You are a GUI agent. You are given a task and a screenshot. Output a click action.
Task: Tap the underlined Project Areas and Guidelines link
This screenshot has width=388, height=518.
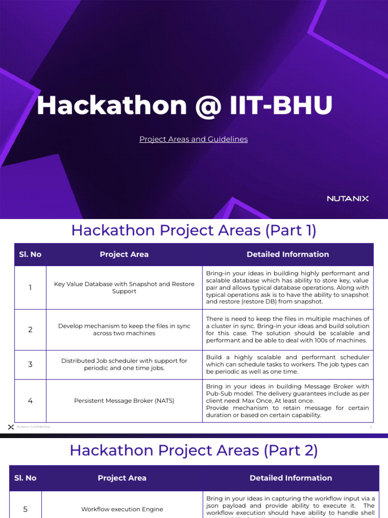click(x=193, y=139)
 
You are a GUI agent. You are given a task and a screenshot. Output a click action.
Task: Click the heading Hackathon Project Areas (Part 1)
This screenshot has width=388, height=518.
click(x=193, y=231)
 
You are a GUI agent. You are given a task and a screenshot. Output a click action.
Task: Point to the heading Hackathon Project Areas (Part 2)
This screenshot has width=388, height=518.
click(x=193, y=450)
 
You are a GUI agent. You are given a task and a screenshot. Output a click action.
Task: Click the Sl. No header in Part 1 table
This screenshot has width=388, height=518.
click(x=30, y=254)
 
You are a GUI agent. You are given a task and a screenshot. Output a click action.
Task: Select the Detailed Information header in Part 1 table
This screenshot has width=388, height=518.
click(x=287, y=254)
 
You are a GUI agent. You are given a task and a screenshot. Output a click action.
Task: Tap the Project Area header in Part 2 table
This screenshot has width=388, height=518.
click(x=122, y=478)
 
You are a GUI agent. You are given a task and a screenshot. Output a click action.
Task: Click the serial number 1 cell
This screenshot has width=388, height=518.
click(x=30, y=288)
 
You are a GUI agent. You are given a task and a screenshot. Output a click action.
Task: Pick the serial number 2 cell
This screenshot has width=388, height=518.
click(x=30, y=330)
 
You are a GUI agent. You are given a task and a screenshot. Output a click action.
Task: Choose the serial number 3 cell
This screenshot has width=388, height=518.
click(x=30, y=364)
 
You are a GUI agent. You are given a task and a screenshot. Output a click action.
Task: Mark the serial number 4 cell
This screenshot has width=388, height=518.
click(x=30, y=401)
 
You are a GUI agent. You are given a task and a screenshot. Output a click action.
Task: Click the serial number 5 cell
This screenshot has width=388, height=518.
click(x=25, y=509)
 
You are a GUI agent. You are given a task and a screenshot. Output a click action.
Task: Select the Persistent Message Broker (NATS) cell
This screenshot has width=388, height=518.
click(x=124, y=401)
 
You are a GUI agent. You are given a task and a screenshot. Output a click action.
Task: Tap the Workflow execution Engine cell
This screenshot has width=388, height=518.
click(x=122, y=509)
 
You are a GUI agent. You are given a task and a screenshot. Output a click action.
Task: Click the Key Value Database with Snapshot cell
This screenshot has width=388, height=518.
click(x=124, y=288)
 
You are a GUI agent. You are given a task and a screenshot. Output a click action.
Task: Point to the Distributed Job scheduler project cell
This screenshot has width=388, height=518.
click(x=124, y=364)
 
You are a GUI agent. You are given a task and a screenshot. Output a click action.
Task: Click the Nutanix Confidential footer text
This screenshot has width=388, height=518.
click(x=33, y=427)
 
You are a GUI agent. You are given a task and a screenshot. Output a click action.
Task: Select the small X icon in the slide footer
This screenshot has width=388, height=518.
click(x=11, y=427)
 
